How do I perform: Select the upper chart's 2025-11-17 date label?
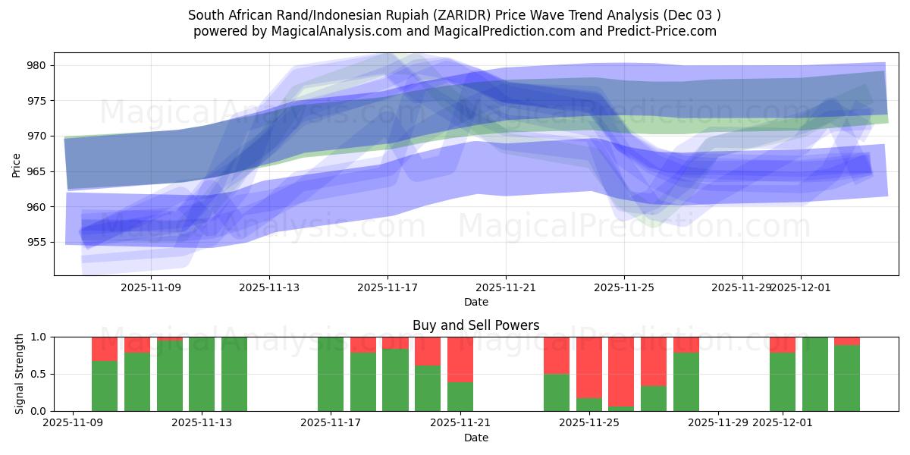388,287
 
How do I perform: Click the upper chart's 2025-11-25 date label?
624,287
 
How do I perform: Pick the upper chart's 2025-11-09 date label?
151,287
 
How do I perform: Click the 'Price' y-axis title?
17,164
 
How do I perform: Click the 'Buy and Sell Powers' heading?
476,325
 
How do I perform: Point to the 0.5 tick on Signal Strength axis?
38,374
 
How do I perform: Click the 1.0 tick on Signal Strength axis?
38,337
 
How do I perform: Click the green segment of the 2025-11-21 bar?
460,397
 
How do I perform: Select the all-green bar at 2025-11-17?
331,374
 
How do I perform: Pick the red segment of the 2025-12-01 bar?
783,344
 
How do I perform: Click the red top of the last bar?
847,340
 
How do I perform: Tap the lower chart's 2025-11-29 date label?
718,422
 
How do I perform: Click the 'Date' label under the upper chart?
476,302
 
